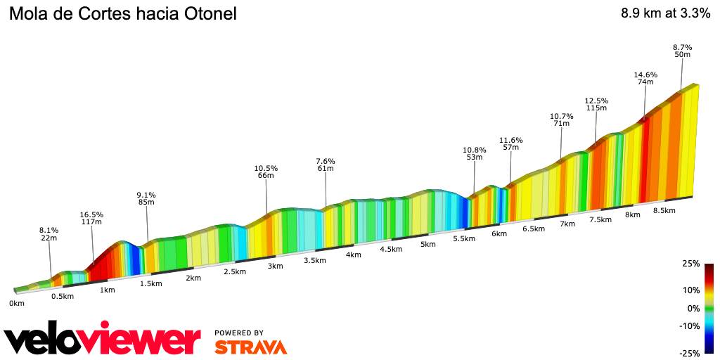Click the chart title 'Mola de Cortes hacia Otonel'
coord(122,13)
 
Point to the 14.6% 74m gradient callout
coord(645,79)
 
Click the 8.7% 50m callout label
coord(682,51)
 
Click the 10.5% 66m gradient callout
coord(266,172)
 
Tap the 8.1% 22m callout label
coord(49,234)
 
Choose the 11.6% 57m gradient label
coord(510,143)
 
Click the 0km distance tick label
coord(17,304)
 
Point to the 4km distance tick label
coord(353,255)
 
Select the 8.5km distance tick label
coord(664,210)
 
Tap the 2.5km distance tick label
coord(235,271)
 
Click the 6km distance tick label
coord(499,233)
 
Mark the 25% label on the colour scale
coord(692,264)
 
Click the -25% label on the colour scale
coord(690,353)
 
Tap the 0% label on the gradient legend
coord(693,308)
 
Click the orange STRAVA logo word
coord(250,347)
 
